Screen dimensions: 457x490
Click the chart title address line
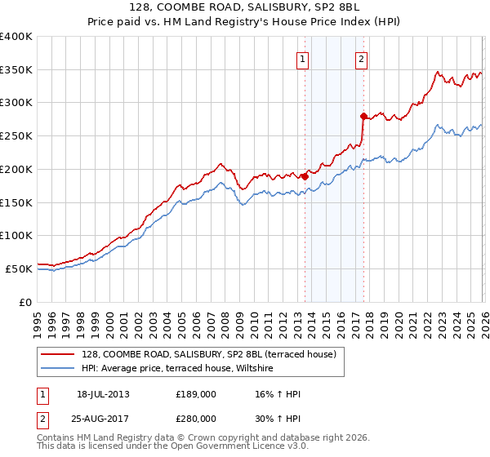[245, 7]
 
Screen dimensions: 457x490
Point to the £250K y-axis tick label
[16, 136]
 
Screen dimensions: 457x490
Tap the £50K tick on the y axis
[19, 268]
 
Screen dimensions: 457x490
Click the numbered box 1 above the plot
[302, 59]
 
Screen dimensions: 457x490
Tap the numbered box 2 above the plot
[361, 59]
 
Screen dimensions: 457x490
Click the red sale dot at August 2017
[364, 116]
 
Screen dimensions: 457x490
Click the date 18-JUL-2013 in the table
[103, 394]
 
